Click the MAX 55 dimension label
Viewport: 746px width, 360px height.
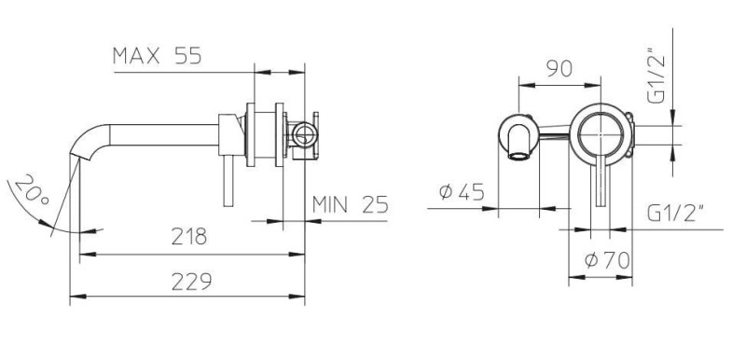[x=157, y=56]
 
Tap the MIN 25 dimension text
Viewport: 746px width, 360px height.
[x=351, y=204]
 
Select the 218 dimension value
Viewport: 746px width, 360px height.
[x=189, y=236]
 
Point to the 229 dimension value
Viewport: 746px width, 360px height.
[x=191, y=282]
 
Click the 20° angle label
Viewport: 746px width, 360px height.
[x=31, y=189]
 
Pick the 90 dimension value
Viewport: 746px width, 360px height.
[x=559, y=69]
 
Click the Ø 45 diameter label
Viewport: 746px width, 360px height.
[x=462, y=192]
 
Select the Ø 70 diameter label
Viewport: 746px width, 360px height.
[x=607, y=260]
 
